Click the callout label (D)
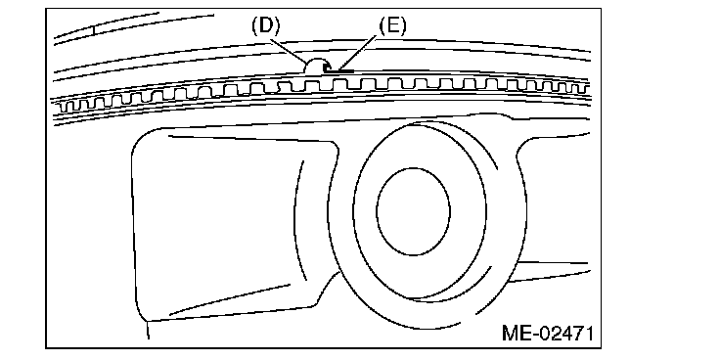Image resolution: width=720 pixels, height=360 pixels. coord(265,27)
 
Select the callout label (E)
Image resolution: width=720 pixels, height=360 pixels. coord(392,27)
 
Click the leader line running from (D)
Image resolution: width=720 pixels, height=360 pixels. coord(289,51)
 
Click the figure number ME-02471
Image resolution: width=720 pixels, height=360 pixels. coord(548,333)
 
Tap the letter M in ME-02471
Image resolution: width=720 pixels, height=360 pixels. coord(510,333)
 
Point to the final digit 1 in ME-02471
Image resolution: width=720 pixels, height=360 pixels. coord(588,333)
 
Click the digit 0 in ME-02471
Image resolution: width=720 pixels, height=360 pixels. coord(544,333)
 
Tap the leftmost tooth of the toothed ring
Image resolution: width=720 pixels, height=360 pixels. coord(66,107)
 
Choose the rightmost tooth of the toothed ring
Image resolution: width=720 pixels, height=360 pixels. coord(585,88)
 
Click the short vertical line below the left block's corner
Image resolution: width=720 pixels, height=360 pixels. coord(148,330)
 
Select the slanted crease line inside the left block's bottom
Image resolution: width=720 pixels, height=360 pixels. coord(230,300)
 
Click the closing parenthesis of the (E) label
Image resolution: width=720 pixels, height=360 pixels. coord(403,27)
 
